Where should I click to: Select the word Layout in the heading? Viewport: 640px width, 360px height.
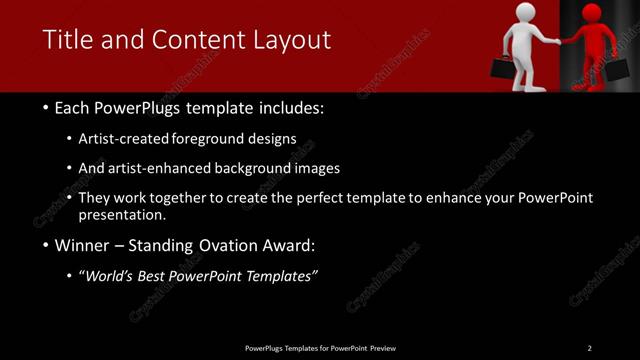tap(288, 40)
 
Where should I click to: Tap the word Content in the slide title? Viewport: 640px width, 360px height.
tap(192, 40)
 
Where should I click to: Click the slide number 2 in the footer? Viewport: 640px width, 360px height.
tap(589, 347)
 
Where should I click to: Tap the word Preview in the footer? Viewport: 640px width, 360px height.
tap(381, 347)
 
